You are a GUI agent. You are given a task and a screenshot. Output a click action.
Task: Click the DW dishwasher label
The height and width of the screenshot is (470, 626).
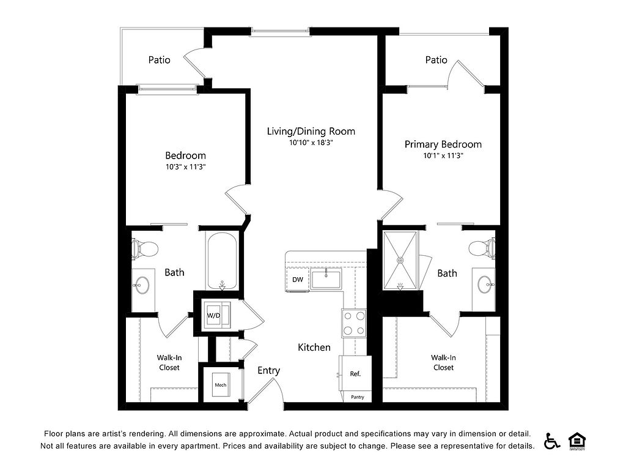tap(298, 280)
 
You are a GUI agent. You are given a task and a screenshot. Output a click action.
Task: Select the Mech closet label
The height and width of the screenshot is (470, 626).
tap(220, 385)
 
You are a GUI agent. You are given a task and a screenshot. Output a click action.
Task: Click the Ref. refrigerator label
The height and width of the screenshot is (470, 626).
tap(355, 374)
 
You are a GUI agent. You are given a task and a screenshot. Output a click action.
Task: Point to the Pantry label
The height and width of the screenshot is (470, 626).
tap(358, 397)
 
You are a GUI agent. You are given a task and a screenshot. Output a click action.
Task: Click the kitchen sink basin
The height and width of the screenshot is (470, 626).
tap(326, 279)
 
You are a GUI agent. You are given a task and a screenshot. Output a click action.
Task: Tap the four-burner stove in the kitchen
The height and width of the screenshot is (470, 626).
tap(354, 323)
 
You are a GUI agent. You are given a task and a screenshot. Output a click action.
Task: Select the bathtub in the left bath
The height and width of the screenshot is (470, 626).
tap(222, 261)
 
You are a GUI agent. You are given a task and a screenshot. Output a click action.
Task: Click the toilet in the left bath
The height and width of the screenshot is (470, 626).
tap(144, 248)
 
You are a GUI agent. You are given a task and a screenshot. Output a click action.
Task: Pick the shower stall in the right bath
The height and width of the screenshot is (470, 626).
tap(400, 259)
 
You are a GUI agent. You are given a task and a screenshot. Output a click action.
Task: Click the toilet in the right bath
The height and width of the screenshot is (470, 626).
tap(482, 248)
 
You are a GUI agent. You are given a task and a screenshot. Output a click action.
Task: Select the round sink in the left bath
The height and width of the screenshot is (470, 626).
tap(142, 285)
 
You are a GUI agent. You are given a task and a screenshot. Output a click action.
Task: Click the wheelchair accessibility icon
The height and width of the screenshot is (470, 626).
tap(552, 441)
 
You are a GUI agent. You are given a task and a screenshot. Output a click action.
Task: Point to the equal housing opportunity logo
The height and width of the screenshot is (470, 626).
tap(577, 441)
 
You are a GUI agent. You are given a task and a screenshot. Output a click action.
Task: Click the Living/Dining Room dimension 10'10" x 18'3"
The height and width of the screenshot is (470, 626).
tap(311, 143)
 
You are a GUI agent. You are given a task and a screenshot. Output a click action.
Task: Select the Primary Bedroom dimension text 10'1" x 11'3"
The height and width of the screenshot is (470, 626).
tap(443, 155)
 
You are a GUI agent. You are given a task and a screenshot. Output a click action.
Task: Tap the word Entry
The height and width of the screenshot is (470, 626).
tap(269, 371)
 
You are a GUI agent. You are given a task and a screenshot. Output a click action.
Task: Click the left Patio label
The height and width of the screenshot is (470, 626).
tap(160, 60)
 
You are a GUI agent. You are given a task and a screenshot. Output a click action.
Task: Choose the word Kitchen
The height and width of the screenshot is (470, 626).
tap(314, 348)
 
